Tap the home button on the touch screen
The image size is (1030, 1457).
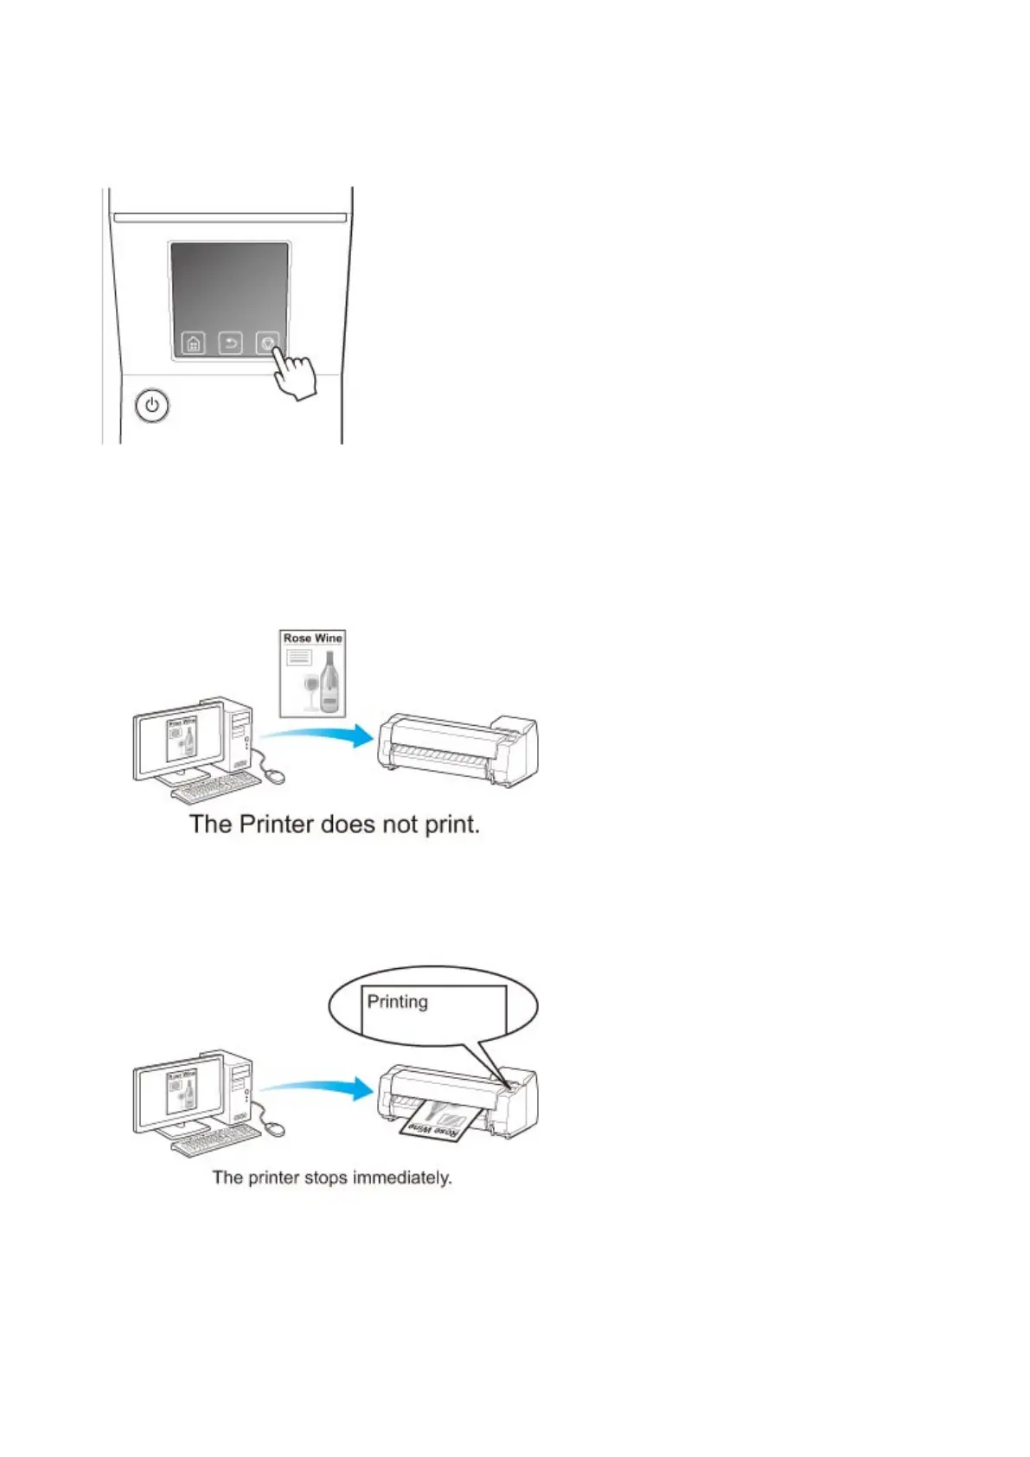tap(193, 343)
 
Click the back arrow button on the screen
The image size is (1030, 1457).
tap(230, 343)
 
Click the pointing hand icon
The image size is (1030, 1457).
tap(294, 376)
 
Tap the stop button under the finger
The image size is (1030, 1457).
tap(266, 342)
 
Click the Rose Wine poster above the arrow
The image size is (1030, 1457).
tap(313, 673)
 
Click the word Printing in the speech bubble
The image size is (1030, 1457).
tap(397, 1002)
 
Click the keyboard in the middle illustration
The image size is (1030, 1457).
tap(216, 787)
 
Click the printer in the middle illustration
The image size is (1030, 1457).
tap(458, 748)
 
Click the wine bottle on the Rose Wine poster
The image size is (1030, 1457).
tap(329, 684)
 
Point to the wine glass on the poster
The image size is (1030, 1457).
tap(310, 692)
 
